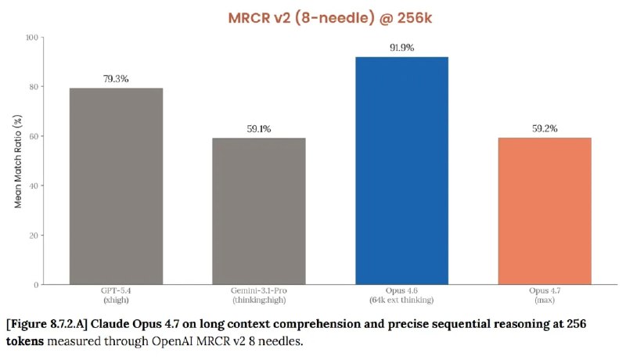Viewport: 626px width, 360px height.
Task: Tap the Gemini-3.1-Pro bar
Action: (x=258, y=211)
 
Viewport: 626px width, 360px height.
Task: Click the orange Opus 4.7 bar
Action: (x=544, y=211)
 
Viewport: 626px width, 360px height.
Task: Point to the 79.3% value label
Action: (x=116, y=79)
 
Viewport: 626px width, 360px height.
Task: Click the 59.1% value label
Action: (x=258, y=129)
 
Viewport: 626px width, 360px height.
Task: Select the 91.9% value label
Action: (x=401, y=48)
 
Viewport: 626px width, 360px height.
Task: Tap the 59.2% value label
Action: (x=544, y=129)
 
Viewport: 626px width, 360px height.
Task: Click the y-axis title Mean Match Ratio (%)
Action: (x=18, y=160)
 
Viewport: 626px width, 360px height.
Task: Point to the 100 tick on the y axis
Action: (x=31, y=38)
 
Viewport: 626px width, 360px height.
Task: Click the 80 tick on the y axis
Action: (x=34, y=87)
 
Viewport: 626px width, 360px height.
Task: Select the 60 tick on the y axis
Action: (x=34, y=136)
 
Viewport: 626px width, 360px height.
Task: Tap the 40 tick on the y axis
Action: (x=34, y=185)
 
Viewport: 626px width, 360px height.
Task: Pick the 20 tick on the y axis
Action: (x=34, y=235)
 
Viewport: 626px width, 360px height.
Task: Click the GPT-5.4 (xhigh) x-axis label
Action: (x=116, y=295)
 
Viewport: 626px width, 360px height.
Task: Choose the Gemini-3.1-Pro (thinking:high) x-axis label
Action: (x=258, y=295)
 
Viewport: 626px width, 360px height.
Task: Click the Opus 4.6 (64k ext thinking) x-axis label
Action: (x=401, y=295)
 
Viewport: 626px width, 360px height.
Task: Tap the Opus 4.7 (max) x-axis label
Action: (x=544, y=295)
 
